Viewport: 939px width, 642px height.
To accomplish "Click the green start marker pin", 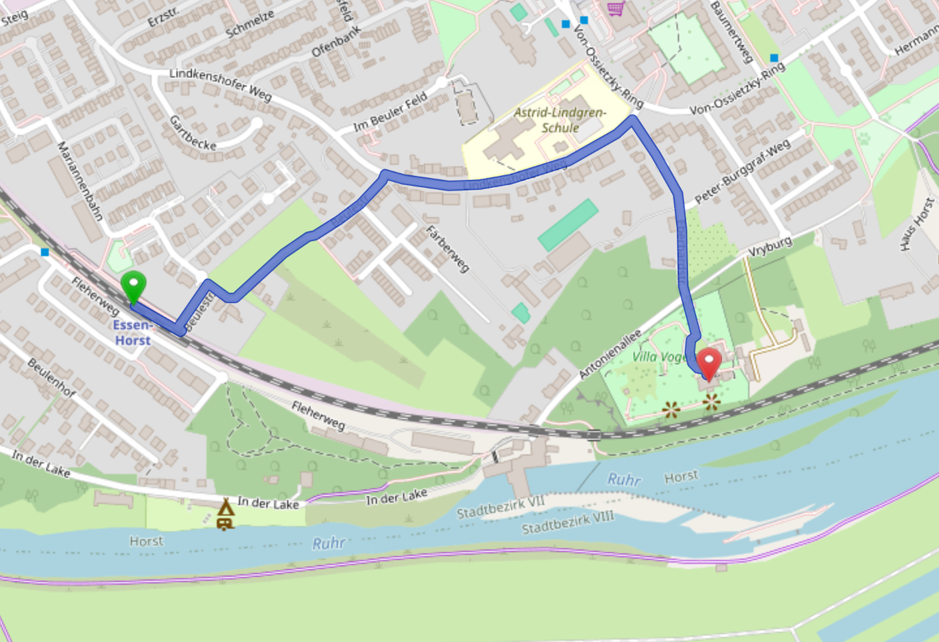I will (134, 287).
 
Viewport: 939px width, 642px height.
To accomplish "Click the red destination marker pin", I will (709, 363).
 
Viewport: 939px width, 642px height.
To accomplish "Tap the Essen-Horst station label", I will (132, 332).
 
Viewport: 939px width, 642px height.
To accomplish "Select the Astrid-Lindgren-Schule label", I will (560, 120).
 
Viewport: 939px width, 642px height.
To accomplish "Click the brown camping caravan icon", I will (225, 515).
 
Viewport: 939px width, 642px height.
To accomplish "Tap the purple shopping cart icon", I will (616, 8).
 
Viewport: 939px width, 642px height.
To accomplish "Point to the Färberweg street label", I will (448, 249).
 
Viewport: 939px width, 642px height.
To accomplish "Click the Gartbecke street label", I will (192, 133).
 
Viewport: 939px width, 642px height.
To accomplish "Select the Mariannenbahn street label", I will (80, 180).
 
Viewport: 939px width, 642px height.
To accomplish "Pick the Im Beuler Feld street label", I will (391, 111).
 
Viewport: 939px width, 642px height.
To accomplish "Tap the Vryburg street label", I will (770, 246).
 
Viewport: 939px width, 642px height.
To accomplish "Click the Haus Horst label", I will (917, 224).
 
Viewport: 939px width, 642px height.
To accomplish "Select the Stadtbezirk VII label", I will (500, 507).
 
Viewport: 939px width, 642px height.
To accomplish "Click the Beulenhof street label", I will (51, 378).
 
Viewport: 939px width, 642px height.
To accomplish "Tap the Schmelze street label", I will (250, 25).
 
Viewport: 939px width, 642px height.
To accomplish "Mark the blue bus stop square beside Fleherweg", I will (45, 252).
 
